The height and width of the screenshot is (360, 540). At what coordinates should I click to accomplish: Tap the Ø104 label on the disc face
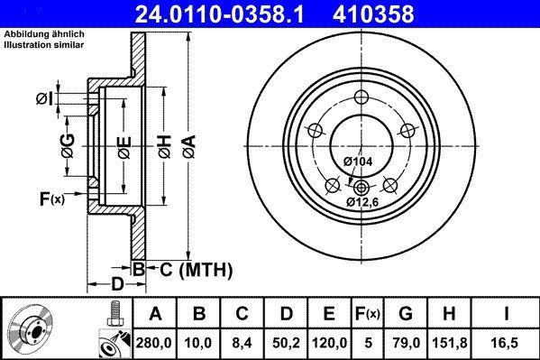pos(358,162)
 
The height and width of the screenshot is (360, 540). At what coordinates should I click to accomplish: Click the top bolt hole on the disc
pos(362,99)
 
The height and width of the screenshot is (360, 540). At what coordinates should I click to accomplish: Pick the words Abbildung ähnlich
pos(44,32)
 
